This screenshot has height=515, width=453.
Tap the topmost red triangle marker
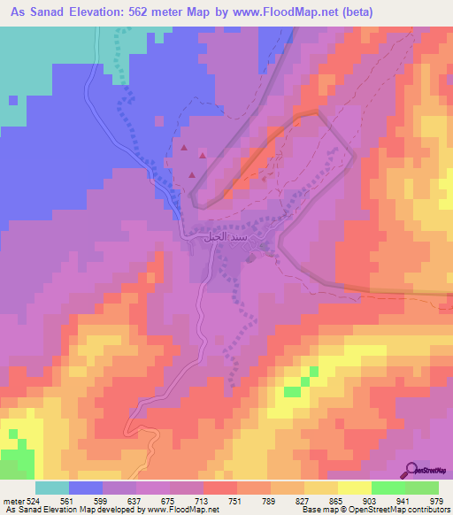click(185, 149)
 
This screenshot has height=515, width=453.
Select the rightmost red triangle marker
click(203, 157)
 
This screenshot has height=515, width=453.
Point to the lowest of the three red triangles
click(191, 174)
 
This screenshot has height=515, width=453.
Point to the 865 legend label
click(338, 500)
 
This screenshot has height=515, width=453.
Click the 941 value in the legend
click(405, 500)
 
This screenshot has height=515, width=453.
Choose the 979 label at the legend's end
click(437, 500)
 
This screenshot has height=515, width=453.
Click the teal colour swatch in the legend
click(52, 488)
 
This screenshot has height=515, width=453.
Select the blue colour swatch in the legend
click(86, 488)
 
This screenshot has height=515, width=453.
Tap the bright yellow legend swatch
click(355, 488)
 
